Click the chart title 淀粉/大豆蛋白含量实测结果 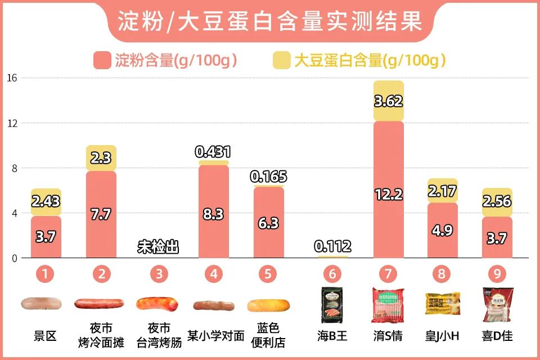[x=270, y=21]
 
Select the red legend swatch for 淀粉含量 [x=102, y=60]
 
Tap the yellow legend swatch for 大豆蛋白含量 [x=281, y=60]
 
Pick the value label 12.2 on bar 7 [x=389, y=195]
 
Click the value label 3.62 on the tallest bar [x=389, y=101]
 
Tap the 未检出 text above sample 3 [x=158, y=246]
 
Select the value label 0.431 [x=213, y=151]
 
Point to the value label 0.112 [x=332, y=246]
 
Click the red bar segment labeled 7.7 [x=101, y=214]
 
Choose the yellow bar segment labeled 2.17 [x=442, y=191]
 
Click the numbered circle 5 [x=268, y=274]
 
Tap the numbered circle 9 [x=497, y=274]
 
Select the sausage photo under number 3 [x=158, y=304]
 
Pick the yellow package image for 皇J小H [x=442, y=304]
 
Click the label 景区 [x=46, y=336]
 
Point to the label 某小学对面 [x=216, y=336]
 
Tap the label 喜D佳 [x=497, y=336]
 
